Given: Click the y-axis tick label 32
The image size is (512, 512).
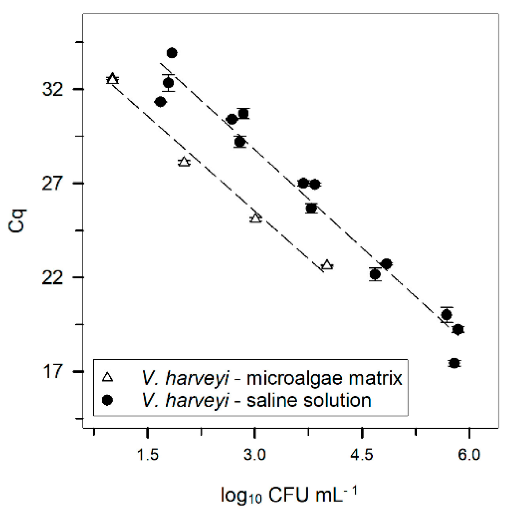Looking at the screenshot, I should point(53,89).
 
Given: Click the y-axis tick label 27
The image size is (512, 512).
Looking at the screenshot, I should point(53,183).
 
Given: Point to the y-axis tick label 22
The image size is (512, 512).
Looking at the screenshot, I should point(53,278).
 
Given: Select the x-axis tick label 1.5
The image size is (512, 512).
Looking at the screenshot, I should point(148,455).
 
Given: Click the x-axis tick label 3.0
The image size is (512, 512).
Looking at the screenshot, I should point(255,455).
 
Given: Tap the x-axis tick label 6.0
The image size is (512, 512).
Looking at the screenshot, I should point(469,455).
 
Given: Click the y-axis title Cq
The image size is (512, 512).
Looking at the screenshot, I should point(17,221).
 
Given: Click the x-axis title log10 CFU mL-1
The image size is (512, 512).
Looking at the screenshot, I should point(289,495).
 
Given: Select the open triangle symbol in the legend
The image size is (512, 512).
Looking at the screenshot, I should point(108,377).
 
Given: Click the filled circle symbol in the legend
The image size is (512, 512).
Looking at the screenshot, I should point(107,400).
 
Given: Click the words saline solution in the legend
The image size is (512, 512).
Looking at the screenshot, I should point(309,401).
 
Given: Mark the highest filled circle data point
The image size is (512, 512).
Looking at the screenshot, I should point(172,53).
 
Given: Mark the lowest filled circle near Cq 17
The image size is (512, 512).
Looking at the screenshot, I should point(454,363).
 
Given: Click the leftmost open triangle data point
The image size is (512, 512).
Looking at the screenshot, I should point(112,79).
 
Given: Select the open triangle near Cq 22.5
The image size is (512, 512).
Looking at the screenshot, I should point(327,265).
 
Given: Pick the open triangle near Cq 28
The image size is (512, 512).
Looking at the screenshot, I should point(184,162).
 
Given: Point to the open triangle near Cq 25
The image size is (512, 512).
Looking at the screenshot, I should point(256,218).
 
